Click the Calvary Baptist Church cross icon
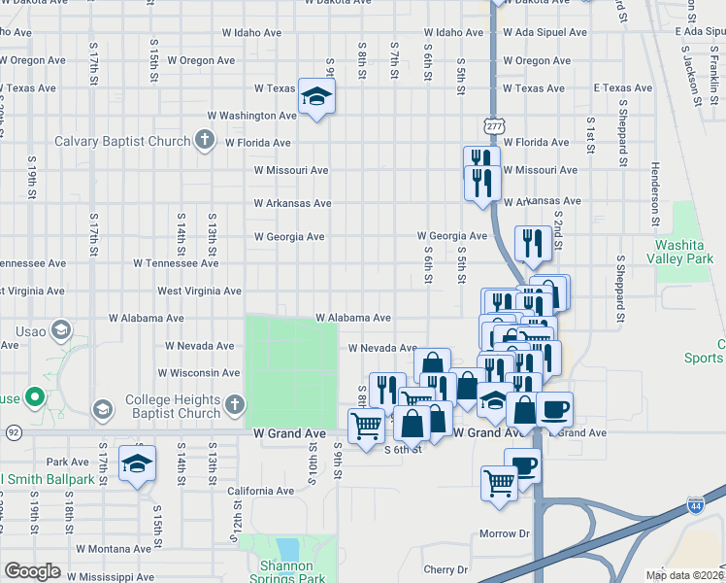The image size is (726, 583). click(x=204, y=141)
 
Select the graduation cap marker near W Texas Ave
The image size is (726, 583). click(x=315, y=96)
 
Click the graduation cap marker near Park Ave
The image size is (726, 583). click(x=137, y=463)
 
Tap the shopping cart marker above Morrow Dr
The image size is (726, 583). click(x=499, y=481)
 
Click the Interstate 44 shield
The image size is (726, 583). click(x=695, y=505)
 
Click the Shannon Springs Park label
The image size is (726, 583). click(x=286, y=572)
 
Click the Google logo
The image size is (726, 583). click(x=32, y=571)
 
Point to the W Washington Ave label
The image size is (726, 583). click(x=253, y=115)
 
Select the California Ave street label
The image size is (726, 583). click(x=260, y=491)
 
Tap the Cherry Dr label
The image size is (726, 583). click(x=445, y=569)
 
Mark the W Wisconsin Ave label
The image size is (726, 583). click(x=197, y=372)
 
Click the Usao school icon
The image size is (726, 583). click(x=60, y=330)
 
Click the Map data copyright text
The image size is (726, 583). click(x=684, y=574)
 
